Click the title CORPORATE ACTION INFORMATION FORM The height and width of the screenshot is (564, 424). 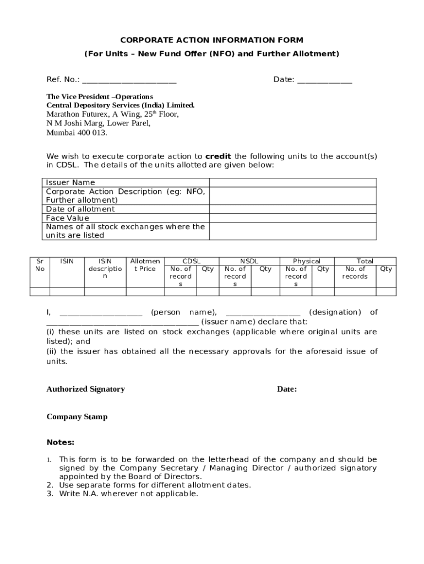(x=212, y=40)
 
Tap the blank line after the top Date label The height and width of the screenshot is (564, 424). (x=324, y=80)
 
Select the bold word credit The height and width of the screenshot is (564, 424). (x=218, y=156)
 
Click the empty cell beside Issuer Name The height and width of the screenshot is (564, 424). (x=292, y=183)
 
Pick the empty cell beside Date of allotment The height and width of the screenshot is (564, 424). (x=292, y=209)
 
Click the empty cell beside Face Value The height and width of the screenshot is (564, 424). (x=292, y=218)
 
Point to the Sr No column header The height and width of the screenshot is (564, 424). (x=40, y=265)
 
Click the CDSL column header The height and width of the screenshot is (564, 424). (x=192, y=261)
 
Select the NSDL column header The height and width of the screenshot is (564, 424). (x=249, y=261)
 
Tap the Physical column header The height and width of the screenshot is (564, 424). (x=307, y=261)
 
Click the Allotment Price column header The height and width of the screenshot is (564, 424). (x=145, y=265)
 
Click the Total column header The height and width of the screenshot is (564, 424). (x=365, y=261)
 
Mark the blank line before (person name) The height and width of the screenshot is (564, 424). (x=101, y=313)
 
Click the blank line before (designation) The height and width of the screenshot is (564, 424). (x=263, y=313)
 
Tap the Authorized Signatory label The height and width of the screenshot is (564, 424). (x=85, y=389)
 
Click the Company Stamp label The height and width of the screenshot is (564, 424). (x=77, y=417)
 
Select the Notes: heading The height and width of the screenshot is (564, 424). (x=61, y=442)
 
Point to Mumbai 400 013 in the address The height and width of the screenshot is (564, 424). (x=77, y=133)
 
